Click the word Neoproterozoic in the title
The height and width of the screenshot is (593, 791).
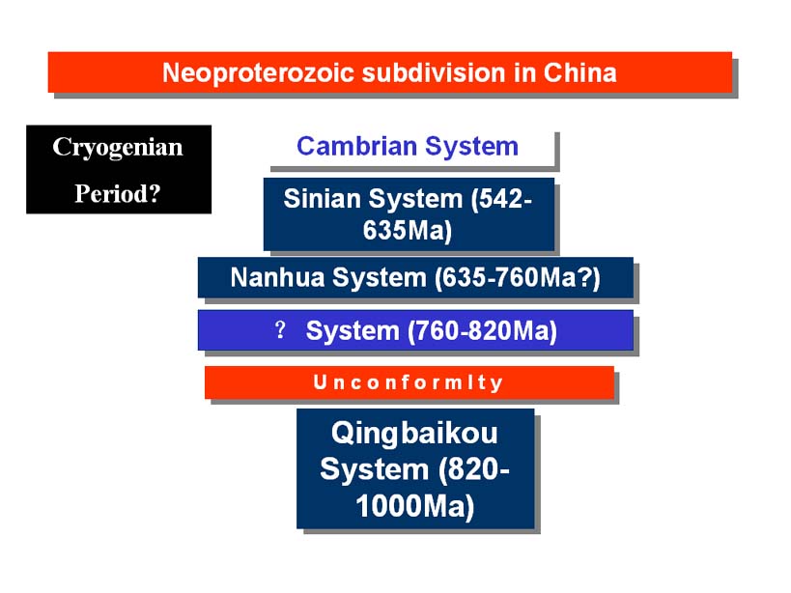point(259,73)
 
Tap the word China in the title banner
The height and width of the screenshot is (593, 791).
point(580,72)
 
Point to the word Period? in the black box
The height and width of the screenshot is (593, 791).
point(118,193)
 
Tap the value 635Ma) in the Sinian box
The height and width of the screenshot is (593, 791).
point(408,231)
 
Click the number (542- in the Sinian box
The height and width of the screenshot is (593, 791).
point(501,199)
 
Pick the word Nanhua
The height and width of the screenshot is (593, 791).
point(277,277)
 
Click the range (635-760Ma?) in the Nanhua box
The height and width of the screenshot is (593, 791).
point(518,278)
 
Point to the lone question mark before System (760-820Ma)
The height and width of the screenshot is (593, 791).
point(280,330)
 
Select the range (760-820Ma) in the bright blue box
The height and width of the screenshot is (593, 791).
point(482,331)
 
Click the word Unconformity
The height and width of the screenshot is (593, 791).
point(409,382)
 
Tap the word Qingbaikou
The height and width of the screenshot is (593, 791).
point(414,434)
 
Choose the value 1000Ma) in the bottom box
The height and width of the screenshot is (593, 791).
point(415,506)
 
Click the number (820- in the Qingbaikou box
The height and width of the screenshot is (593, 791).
point(473,470)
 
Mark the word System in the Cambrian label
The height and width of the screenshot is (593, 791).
point(471,147)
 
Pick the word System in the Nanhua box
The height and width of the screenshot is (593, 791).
point(380,278)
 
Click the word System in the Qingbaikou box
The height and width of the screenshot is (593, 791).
point(375,470)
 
